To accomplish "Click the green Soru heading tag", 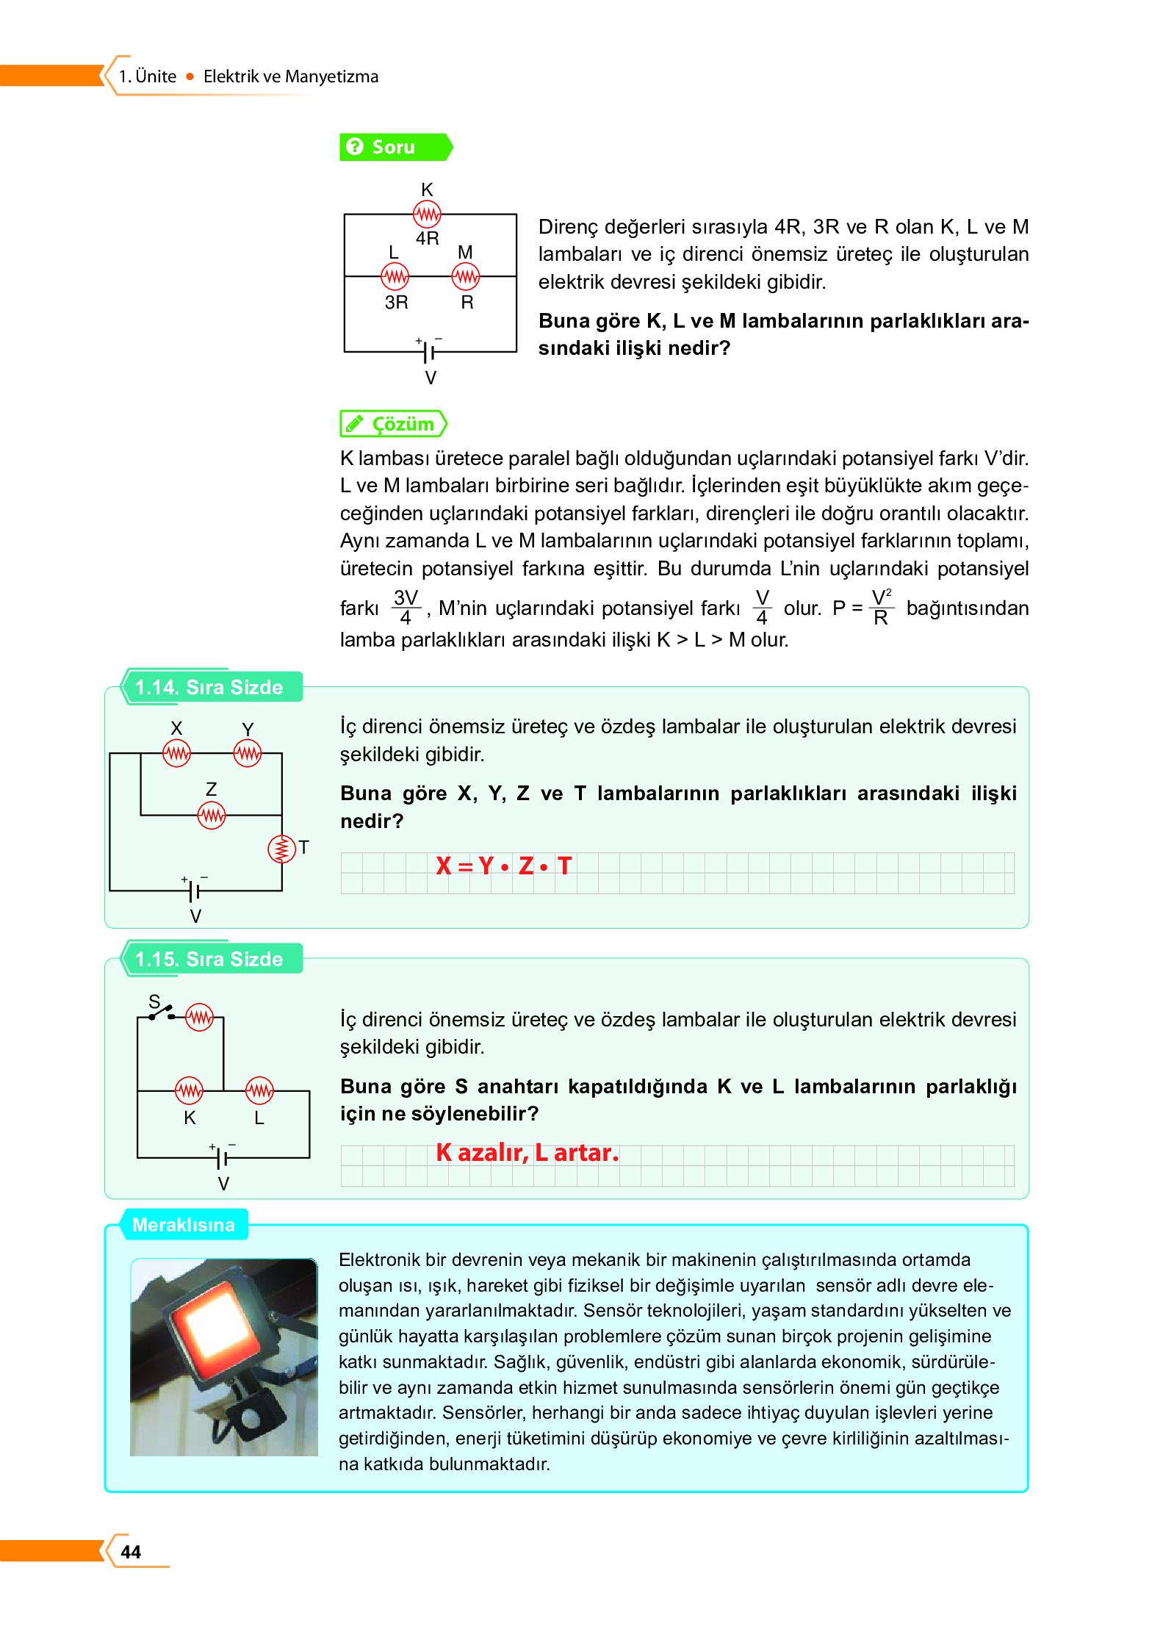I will coord(394,147).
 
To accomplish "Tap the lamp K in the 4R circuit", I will coord(427,214).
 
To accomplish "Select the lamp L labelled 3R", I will coord(395,277).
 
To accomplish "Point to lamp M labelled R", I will coord(465,277).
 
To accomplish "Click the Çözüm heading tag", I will coord(393,424).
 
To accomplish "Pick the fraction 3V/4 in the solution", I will coord(406,608).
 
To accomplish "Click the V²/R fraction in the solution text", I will coord(881,608).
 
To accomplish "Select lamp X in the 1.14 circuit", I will coord(176,753).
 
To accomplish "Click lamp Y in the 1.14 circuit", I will coord(248,753).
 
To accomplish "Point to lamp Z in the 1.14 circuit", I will coord(212,815).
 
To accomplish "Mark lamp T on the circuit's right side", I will coord(281,849).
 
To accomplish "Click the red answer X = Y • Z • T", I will coord(503,866).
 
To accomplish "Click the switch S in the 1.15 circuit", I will coord(162,1012).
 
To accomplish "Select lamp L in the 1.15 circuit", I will coord(259,1091).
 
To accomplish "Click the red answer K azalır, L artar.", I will coord(527,1152).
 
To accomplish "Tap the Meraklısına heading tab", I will coord(184,1225).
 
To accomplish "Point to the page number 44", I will coord(131,1552).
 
